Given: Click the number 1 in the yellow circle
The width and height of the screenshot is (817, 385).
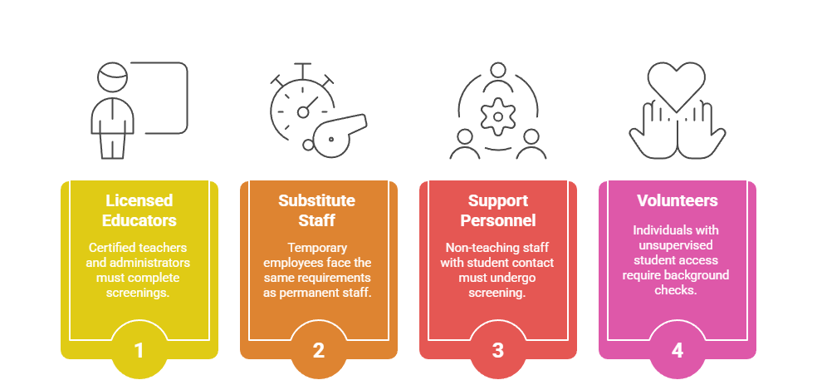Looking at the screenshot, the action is [x=139, y=351].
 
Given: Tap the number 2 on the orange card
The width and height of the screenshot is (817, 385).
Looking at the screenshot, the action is [x=318, y=351].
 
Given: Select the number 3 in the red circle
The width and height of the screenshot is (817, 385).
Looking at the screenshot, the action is [x=497, y=351].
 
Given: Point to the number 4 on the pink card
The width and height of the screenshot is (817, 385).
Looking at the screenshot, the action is [x=677, y=351].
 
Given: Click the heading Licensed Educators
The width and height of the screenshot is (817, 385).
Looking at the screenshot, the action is [x=139, y=210].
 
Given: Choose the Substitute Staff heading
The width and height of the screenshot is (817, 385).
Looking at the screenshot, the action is [x=317, y=210].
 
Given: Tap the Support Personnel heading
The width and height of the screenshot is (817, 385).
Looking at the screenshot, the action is [x=497, y=210].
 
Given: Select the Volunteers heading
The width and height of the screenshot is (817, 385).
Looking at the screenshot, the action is [x=678, y=201].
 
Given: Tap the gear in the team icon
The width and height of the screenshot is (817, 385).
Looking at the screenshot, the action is [x=497, y=116].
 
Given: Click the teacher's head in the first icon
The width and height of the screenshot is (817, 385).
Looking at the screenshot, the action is [x=113, y=77].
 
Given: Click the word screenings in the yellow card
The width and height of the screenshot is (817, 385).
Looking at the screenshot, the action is [x=138, y=293].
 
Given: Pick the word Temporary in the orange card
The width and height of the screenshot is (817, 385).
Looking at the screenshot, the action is [x=317, y=247].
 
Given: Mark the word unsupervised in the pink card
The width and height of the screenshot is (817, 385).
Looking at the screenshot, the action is [x=677, y=245].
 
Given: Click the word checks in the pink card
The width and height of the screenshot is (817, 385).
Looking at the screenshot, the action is [x=676, y=290].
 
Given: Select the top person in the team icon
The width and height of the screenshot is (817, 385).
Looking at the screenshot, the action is [x=497, y=77].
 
